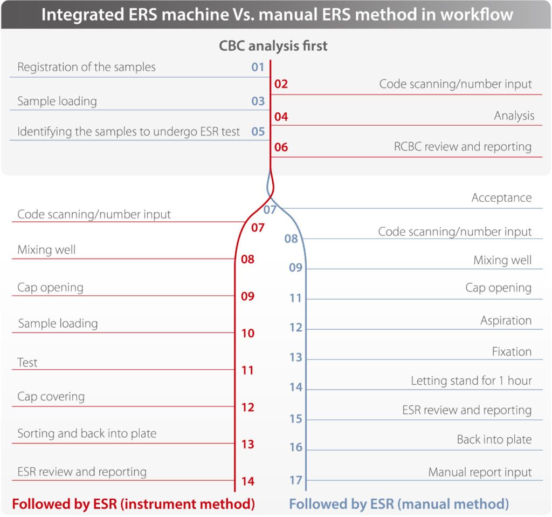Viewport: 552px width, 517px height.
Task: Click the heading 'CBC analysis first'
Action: pyautogui.click(x=273, y=46)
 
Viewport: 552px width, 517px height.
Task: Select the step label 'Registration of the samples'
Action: pyautogui.click(x=86, y=67)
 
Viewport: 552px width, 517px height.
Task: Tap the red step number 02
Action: pyautogui.click(x=281, y=84)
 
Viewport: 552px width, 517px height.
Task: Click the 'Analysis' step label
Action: pyautogui.click(x=514, y=116)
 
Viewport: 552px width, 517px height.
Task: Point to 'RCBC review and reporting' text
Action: pyautogui.click(x=463, y=147)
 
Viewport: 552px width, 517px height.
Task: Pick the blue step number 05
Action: pyautogui.click(x=258, y=132)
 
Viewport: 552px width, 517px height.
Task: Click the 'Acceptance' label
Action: pyautogui.click(x=501, y=198)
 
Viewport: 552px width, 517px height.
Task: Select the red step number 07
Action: pyautogui.click(x=258, y=228)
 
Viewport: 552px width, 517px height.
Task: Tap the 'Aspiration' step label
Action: pyautogui.click(x=506, y=321)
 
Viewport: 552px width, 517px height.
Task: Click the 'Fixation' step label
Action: pyautogui.click(x=512, y=352)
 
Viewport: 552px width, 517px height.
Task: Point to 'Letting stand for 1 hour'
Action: pyautogui.click(x=471, y=380)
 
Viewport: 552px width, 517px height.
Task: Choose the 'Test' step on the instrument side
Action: pyautogui.click(x=27, y=363)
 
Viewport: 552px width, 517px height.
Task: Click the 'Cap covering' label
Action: pyautogui.click(x=51, y=397)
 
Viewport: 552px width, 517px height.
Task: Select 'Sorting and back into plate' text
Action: pyautogui.click(x=87, y=433)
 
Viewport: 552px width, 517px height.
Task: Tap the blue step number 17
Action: pyautogui.click(x=296, y=480)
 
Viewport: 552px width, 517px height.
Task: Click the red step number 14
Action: pyautogui.click(x=248, y=481)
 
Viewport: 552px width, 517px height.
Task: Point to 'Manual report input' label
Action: pyautogui.click(x=480, y=472)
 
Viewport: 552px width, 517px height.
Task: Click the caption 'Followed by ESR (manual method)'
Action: pyautogui.click(x=399, y=504)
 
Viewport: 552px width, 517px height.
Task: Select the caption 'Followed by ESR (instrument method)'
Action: pyautogui.click(x=134, y=504)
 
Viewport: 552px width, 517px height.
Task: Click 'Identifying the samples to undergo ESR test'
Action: pyautogui.click(x=128, y=132)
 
